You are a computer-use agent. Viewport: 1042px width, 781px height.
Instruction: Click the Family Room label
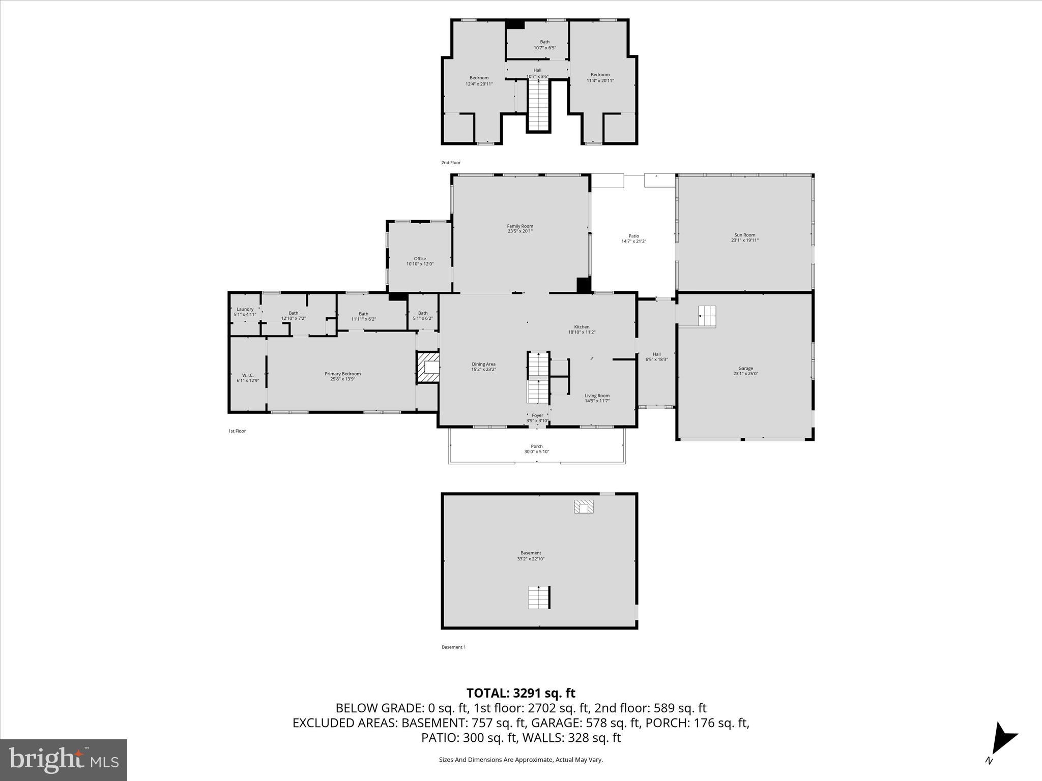tap(520, 226)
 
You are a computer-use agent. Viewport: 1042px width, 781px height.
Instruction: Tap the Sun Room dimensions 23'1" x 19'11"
tap(745, 241)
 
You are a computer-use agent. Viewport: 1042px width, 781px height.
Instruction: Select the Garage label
tap(746, 368)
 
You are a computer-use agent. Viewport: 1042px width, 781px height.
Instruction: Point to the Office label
tap(420, 258)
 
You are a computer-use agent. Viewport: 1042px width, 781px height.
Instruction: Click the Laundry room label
tap(245, 309)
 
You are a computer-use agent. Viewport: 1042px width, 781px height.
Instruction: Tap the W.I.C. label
tap(248, 375)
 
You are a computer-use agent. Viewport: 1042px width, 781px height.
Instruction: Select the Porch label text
tap(537, 446)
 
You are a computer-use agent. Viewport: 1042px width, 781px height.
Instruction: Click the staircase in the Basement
tap(539, 597)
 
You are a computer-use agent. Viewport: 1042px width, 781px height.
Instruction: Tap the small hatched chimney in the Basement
tap(584, 506)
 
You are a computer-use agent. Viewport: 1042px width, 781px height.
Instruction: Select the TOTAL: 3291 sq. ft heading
tap(520, 693)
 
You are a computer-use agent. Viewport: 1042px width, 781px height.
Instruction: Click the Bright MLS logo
tap(64, 760)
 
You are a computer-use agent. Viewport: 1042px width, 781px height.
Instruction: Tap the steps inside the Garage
tap(707, 316)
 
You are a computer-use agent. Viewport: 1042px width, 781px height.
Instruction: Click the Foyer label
tap(537, 415)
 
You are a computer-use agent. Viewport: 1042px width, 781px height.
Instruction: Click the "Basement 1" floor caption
tap(453, 647)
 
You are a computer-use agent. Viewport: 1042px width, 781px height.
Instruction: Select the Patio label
tap(633, 236)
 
